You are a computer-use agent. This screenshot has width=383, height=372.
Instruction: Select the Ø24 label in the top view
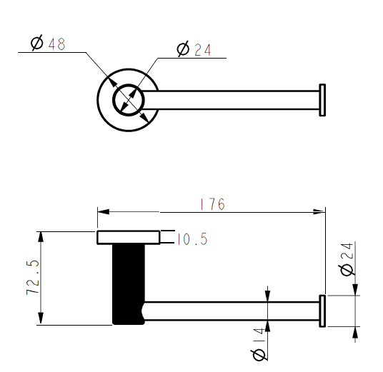(194, 49)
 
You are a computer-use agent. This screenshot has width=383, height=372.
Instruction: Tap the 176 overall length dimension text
(212, 204)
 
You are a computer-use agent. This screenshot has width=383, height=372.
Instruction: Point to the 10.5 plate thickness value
(191, 240)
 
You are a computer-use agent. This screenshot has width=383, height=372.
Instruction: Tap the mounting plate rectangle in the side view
(129, 238)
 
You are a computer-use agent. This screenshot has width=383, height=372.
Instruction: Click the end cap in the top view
(322, 101)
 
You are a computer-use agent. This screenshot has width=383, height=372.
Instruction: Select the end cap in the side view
(322, 311)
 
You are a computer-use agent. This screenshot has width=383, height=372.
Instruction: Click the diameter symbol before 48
(37, 44)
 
